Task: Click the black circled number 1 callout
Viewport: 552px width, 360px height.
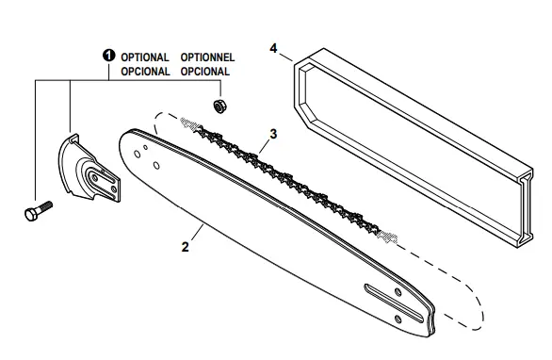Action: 109,57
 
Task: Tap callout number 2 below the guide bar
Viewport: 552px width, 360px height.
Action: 186,247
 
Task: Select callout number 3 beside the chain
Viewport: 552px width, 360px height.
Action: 273,134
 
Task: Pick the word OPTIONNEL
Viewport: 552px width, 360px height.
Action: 209,57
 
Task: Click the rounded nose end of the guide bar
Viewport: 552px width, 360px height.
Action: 131,142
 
